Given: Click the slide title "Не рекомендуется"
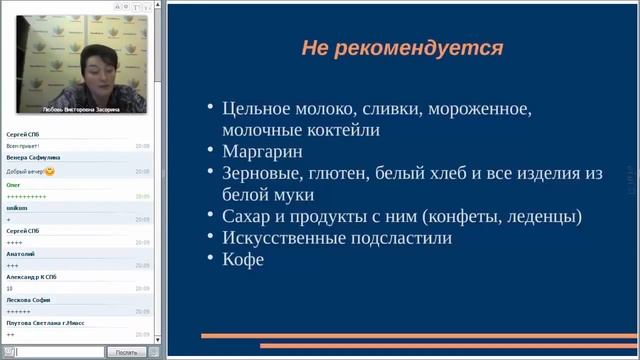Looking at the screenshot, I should click(402, 48).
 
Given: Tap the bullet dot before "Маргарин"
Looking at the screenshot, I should click(209, 152).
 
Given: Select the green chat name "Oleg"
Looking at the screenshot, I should click(14, 184).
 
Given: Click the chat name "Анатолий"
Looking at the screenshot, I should click(20, 254).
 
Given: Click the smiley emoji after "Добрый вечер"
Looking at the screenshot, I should click(50, 171).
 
